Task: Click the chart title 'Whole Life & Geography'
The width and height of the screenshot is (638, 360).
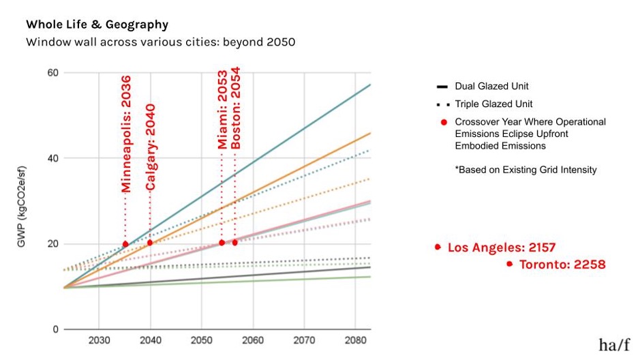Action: point(97,25)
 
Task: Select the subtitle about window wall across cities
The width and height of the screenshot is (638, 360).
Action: point(160,42)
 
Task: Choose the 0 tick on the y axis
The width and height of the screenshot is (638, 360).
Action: point(55,329)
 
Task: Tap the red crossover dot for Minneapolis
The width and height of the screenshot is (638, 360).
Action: point(125,244)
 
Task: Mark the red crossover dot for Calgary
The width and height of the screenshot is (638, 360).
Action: point(150,243)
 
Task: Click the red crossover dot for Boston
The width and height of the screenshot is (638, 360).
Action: point(235,243)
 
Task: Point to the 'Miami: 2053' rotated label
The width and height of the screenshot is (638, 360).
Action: point(222,109)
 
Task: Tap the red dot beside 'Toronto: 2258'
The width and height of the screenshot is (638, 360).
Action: point(509,264)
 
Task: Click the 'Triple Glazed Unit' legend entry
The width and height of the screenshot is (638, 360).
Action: point(494,104)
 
